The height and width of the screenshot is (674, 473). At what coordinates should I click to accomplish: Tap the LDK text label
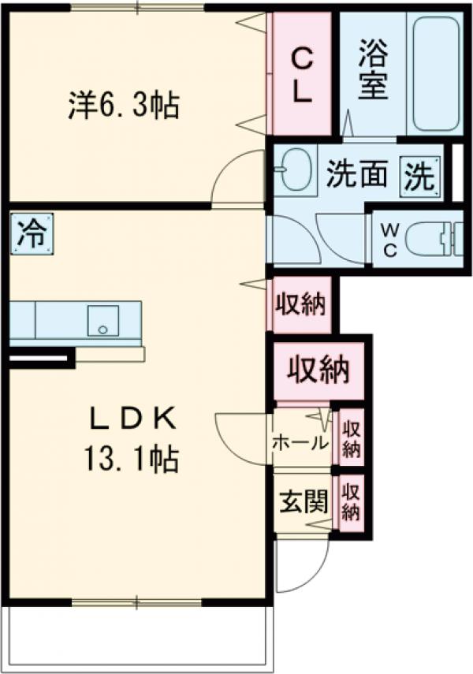point(131,419)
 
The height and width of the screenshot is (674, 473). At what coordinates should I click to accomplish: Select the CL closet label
point(302,75)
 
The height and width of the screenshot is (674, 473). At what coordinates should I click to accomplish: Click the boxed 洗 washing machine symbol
point(418,174)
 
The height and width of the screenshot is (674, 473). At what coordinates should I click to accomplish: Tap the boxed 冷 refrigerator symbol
point(32,234)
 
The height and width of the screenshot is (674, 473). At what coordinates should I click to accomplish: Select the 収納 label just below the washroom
point(300,304)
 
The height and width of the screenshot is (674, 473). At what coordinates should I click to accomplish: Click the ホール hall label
point(300,443)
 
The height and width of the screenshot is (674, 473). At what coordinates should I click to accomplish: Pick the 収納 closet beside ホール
point(351,440)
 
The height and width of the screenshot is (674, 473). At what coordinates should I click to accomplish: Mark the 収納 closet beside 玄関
point(351,502)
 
